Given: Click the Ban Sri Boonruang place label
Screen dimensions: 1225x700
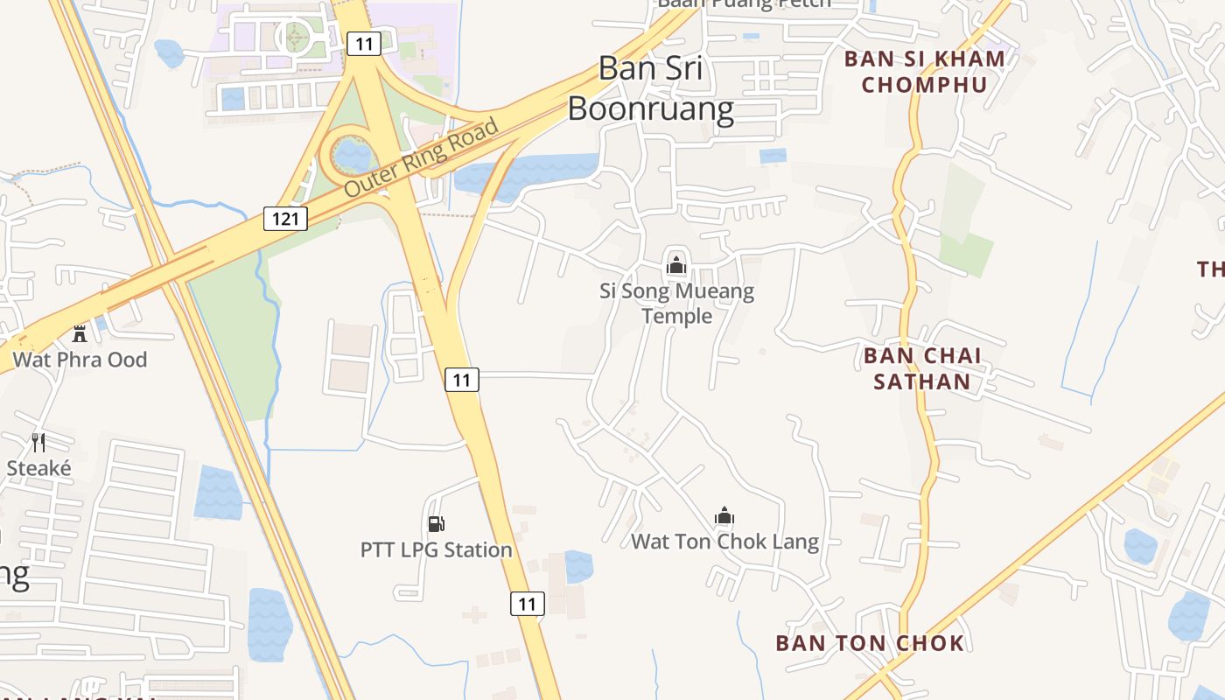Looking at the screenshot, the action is pos(650,88).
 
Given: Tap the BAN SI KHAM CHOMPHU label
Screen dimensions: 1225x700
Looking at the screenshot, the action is pos(924,72).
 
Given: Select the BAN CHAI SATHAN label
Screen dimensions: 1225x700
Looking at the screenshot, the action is pos(922,368).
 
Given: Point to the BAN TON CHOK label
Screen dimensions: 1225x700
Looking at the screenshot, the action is pos(870,643).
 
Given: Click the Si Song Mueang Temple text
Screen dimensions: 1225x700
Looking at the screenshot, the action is pos(676,303).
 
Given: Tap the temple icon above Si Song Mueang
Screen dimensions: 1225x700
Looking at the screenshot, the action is pos(675,264).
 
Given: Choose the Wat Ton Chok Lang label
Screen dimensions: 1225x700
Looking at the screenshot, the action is pos(724,542).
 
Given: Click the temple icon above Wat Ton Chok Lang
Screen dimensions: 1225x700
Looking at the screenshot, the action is pos(724,515).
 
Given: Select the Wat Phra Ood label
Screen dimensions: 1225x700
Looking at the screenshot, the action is pos(80,360).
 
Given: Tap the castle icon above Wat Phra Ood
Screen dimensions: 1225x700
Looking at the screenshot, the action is pos(80,332).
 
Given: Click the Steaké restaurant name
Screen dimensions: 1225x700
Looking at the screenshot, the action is pos(38,468).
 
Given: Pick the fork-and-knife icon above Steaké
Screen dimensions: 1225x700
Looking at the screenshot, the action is pos(38,442).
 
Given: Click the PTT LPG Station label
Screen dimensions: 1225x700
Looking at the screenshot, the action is pos(436,550).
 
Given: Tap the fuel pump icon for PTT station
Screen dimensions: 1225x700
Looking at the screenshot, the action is pos(436,524).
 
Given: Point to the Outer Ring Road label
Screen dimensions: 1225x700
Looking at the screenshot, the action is pos(422,157).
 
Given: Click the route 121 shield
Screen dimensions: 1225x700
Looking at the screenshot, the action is pos(286,219).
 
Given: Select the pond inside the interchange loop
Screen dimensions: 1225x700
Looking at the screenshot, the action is pos(354,155).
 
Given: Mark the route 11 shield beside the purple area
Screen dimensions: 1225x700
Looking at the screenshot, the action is pos(363,44).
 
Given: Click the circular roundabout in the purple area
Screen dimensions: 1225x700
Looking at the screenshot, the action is pos(295,38).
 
